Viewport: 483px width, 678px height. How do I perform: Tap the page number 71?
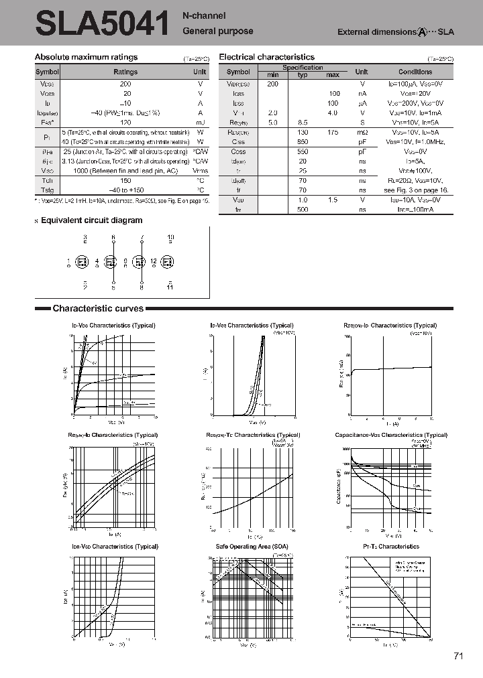tap(459, 656)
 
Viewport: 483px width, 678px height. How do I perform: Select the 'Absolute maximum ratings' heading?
tap(86, 58)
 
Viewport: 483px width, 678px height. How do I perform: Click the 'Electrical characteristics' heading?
tap(267, 58)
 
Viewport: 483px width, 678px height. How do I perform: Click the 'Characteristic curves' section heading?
tap(98, 309)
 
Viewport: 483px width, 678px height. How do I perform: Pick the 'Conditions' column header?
tap(415, 72)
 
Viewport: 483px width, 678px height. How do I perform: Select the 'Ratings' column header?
tap(125, 72)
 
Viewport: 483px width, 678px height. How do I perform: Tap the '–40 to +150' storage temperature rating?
tap(125, 190)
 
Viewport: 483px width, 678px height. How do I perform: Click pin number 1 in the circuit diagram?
tap(68, 261)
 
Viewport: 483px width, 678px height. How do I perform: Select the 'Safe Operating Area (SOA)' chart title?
tap(252, 547)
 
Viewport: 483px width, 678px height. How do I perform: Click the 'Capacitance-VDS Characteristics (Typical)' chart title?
tap(391, 435)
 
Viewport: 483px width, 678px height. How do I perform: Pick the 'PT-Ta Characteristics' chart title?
tap(390, 547)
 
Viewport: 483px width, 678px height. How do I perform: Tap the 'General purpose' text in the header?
tap(218, 31)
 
